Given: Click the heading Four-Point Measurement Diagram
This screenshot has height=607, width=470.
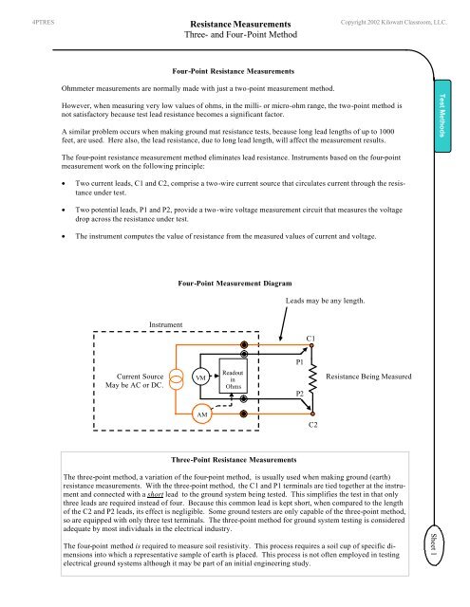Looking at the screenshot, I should coord(235,283).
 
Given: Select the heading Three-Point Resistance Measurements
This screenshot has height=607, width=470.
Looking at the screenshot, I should coord(235,456).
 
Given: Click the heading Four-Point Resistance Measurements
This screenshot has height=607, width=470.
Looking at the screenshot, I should coord(235,71).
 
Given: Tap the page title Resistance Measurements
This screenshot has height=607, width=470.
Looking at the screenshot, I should coord(235,21).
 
